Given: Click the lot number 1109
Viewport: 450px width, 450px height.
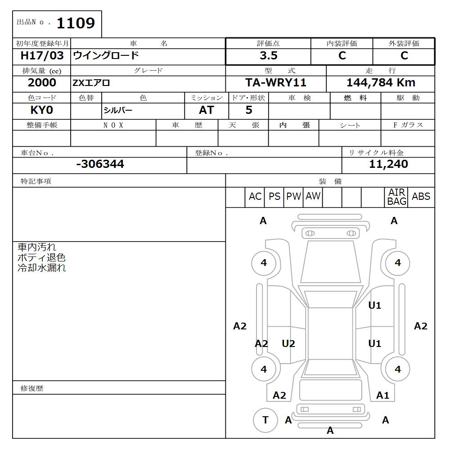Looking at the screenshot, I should click(x=75, y=23).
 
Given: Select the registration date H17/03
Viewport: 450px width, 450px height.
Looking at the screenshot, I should click(x=42, y=56).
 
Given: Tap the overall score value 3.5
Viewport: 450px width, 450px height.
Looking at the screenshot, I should click(x=268, y=56).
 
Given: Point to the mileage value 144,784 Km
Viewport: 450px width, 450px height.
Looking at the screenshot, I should click(x=381, y=83).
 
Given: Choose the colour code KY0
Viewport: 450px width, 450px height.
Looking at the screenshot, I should click(x=41, y=110).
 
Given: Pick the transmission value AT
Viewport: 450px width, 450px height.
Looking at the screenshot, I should click(x=206, y=110).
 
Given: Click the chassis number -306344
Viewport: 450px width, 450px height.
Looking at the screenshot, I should click(x=100, y=164).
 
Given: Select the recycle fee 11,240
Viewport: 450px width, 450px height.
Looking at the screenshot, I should click(x=388, y=164).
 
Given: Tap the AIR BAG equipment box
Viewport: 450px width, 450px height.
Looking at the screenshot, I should click(x=396, y=197).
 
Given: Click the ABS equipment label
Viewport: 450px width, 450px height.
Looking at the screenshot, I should click(x=421, y=197).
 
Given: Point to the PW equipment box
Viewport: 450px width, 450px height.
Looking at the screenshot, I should click(x=293, y=197).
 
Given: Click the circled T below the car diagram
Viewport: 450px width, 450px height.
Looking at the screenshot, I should click(x=265, y=420).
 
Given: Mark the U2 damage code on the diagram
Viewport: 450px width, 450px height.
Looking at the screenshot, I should click(x=288, y=344).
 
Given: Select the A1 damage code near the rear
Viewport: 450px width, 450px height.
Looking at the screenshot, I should click(x=382, y=395).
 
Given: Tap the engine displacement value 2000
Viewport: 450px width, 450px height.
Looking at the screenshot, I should click(x=42, y=83).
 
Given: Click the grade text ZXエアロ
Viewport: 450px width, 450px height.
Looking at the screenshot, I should click(x=91, y=83).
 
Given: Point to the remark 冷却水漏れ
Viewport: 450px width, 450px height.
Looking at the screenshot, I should click(x=42, y=268).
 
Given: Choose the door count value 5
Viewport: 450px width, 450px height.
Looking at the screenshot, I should click(x=249, y=110).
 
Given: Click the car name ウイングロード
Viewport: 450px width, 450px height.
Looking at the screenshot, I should click(x=106, y=56).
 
